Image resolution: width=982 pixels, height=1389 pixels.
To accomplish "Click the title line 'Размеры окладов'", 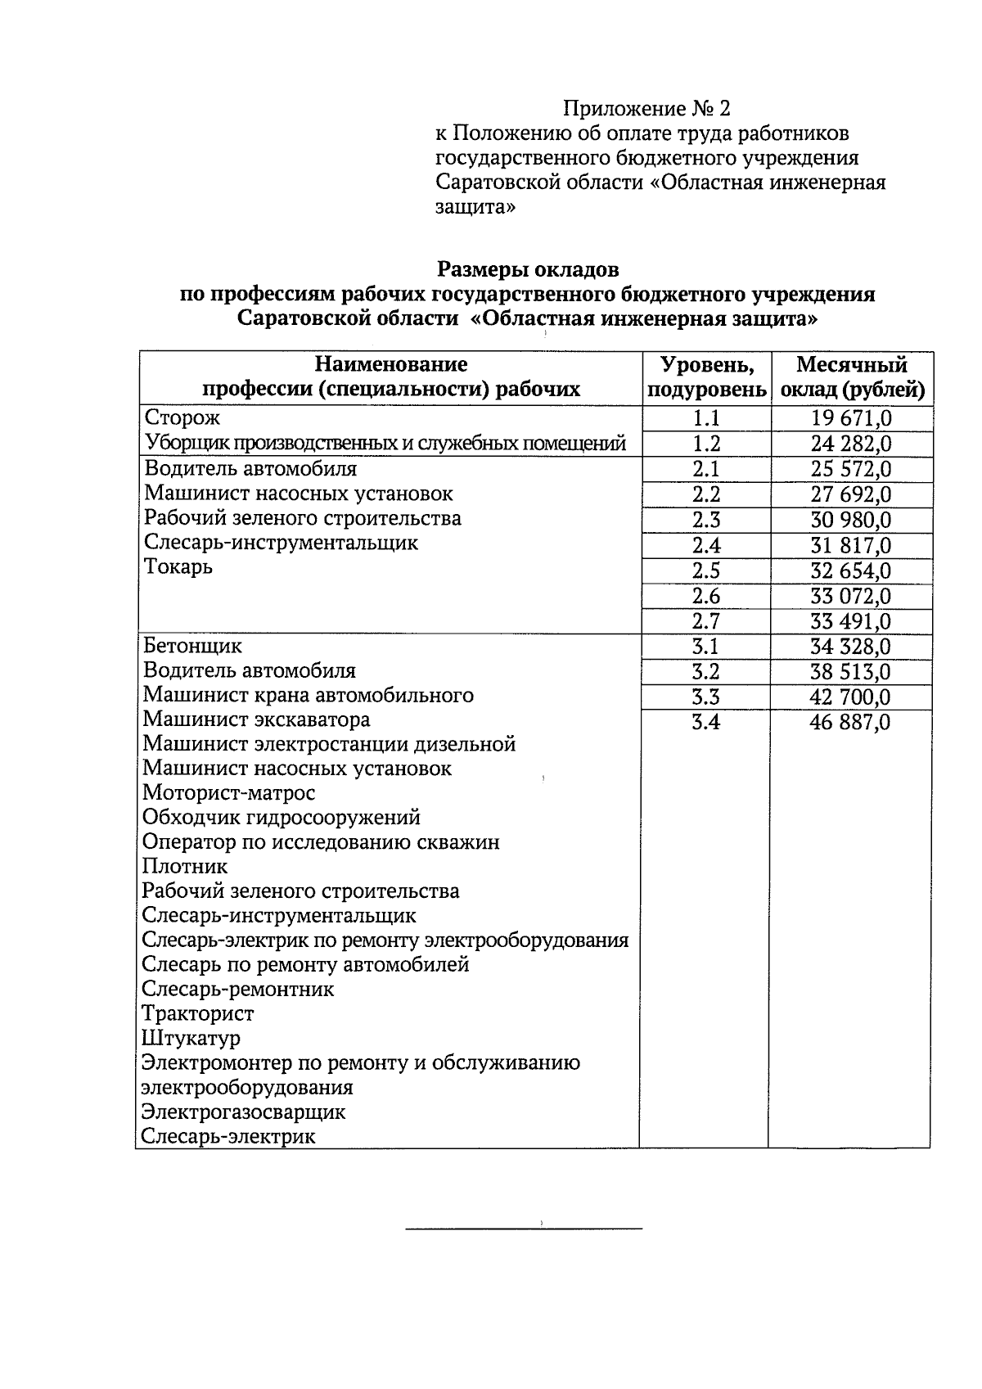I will (528, 268).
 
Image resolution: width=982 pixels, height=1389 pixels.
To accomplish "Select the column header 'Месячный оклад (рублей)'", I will (852, 377).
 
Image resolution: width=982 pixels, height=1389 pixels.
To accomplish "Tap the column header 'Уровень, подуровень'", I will (705, 377).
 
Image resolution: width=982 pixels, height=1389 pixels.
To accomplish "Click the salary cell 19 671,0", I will (851, 419).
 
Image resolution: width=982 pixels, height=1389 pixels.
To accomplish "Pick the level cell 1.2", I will (705, 444).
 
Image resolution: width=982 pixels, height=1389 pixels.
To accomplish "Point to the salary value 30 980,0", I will (851, 521).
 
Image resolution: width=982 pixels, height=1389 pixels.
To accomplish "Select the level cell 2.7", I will (705, 621).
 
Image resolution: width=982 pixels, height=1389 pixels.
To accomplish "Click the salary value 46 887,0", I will (851, 723).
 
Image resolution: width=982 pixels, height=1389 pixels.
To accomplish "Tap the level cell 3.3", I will (705, 697).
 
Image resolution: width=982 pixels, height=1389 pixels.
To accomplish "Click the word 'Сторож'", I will (182, 418).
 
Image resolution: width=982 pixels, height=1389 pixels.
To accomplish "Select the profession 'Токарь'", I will (178, 567).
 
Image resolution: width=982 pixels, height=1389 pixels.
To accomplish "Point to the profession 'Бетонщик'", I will (192, 646).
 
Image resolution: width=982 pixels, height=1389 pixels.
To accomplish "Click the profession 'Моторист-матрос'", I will (228, 793).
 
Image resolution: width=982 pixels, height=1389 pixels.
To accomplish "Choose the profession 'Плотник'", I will (185, 866).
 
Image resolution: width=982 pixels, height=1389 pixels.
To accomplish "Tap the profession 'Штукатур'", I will (191, 1039).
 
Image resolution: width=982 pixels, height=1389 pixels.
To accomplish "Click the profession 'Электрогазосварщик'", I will (243, 1112).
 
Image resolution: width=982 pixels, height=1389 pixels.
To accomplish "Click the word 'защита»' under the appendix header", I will (475, 208).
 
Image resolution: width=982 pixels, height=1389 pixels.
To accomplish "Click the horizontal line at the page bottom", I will (524, 1229).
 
